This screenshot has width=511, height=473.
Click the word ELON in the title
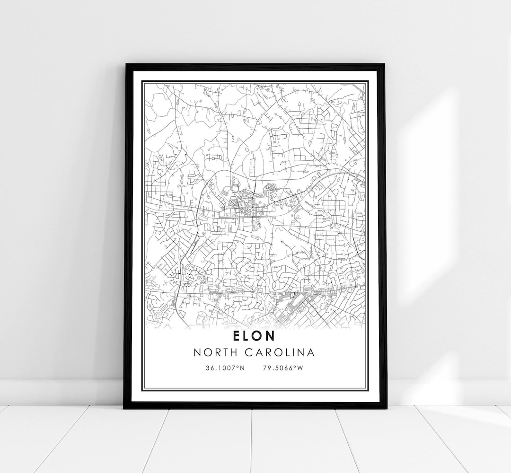click(254, 336)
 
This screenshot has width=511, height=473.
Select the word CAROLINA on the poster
click(284, 353)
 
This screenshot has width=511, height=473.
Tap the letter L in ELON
click(247, 336)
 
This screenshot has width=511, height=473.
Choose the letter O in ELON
click(259, 336)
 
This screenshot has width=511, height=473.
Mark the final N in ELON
click(271, 336)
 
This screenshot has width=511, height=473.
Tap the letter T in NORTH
click(229, 353)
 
